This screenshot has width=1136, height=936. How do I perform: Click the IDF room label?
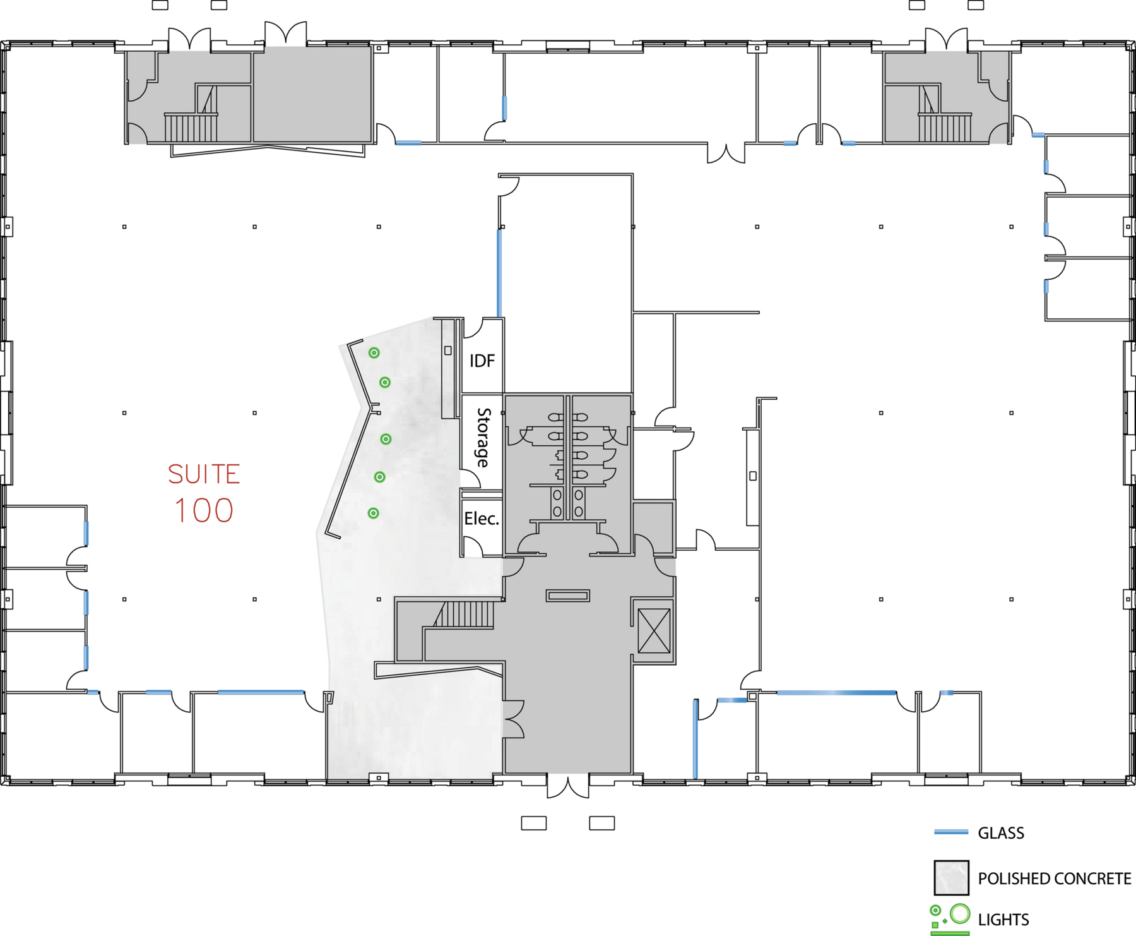tap(482, 361)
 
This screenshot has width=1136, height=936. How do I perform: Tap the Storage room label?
tap(483, 437)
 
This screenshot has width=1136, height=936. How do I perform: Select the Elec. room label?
tap(482, 519)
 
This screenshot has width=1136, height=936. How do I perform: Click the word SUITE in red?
tap(204, 474)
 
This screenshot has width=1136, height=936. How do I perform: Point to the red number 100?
tap(204, 510)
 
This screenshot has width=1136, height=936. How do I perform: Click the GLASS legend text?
tap(1001, 833)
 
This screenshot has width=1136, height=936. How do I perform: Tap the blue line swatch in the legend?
tap(951, 832)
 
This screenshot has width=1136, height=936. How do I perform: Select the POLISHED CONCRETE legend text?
tap(1055, 879)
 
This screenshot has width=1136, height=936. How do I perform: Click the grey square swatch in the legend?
tap(952, 878)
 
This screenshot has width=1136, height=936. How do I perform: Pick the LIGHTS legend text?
tap(1003, 920)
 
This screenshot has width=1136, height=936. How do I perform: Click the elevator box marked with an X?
tap(654, 630)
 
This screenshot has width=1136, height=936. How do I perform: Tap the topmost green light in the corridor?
tap(374, 353)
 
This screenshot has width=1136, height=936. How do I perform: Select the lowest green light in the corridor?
tap(374, 513)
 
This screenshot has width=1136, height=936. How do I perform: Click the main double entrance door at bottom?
tap(568, 786)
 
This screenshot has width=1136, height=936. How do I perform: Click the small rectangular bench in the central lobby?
tap(568, 596)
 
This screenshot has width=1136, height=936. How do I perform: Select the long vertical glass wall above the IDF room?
tap(499, 273)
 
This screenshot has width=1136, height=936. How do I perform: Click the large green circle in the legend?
tap(960, 913)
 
